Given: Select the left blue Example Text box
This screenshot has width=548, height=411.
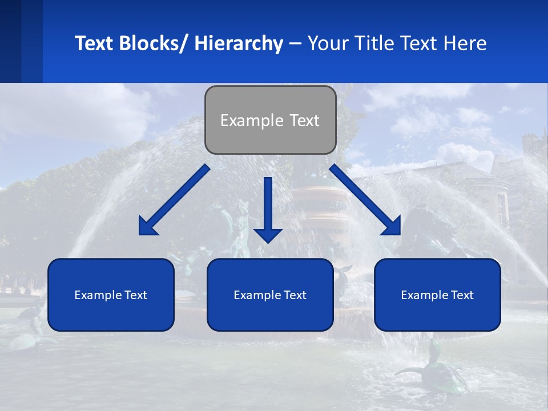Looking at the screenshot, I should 111,295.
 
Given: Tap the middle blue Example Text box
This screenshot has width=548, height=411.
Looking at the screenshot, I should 270,295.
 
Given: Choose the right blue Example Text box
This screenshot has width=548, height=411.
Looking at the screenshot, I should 437,295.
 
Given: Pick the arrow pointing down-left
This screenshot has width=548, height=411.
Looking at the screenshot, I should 174,200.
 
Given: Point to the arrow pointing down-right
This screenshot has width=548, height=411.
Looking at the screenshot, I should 365,200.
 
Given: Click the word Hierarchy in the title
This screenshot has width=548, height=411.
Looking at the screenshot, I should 239,44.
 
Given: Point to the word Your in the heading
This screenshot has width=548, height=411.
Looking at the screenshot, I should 328,44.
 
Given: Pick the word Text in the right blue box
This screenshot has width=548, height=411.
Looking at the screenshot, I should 462,295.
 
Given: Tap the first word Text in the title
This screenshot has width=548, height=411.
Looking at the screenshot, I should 95,44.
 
